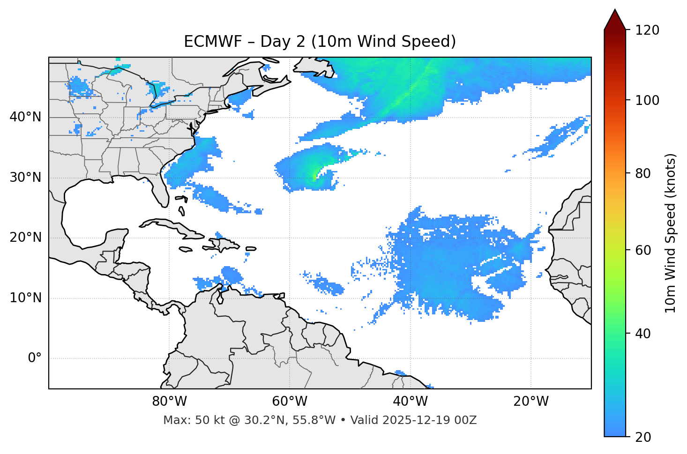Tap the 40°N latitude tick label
coord(25,117)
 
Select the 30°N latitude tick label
coord(25,178)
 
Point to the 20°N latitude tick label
coord(25,238)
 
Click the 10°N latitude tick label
coord(25,298)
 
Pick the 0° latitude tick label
coord(35,358)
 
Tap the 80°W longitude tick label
coord(169,402)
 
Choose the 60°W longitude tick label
coord(290,402)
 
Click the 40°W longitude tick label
coord(410,402)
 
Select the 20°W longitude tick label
coord(530,402)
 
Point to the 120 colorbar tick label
coord(647,30)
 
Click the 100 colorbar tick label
coord(647,100)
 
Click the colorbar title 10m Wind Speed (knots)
coord(671,233)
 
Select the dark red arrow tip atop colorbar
coord(615,19)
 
